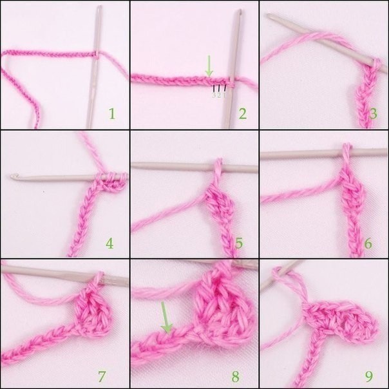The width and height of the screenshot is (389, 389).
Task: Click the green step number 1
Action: pos(112,114)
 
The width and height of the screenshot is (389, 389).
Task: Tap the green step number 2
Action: pos(243,114)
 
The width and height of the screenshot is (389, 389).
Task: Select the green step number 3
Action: pos(373,114)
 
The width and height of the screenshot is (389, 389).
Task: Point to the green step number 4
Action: pos(109,243)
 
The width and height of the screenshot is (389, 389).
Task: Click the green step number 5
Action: pos(239,243)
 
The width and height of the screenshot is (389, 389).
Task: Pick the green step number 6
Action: pos(368,244)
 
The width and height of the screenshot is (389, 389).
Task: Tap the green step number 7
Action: pos(102,376)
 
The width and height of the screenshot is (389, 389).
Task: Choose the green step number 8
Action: pos(236,376)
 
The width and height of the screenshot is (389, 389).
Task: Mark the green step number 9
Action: pos(369,377)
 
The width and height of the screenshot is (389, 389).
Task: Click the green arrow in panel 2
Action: pos(209,66)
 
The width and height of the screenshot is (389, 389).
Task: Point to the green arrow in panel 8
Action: pos(166,318)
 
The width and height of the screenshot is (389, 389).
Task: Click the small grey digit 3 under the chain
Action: pos(214,95)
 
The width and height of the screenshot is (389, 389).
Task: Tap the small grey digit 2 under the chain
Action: pos(219,95)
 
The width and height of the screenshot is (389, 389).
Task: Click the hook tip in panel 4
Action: pos(12,176)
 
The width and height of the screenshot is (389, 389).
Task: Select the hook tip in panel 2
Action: pos(240,12)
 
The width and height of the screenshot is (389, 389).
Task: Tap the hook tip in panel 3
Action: pos(269,15)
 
